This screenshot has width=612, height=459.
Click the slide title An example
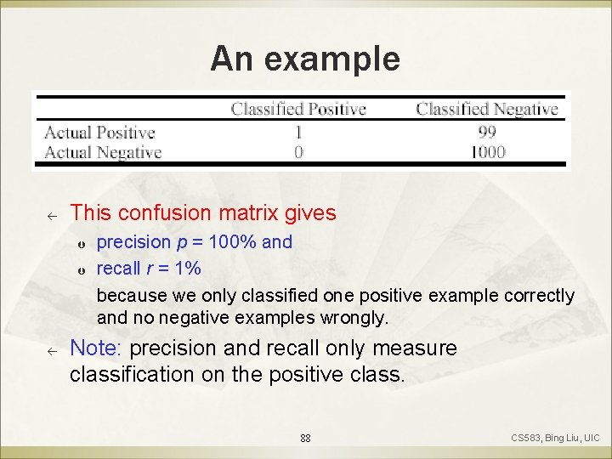pos(305,58)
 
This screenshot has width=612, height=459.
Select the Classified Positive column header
pos(298,109)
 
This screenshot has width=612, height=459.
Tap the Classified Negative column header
pos(486,109)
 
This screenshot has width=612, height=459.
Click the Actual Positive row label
pos(99,133)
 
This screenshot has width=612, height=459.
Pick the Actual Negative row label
pos(102,153)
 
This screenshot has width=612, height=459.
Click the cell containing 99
pos(487,132)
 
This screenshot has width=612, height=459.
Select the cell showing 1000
pos(487,152)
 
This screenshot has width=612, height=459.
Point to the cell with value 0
pos(298,152)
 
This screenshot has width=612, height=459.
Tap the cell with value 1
pos(298,132)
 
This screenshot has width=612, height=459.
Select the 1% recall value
pos(187,269)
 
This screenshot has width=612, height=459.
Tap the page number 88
pos(305,439)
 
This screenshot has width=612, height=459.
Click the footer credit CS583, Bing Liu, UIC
pos(555,438)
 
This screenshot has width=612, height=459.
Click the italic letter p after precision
pos(182,243)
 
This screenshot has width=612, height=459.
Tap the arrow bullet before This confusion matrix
pos(51,214)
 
